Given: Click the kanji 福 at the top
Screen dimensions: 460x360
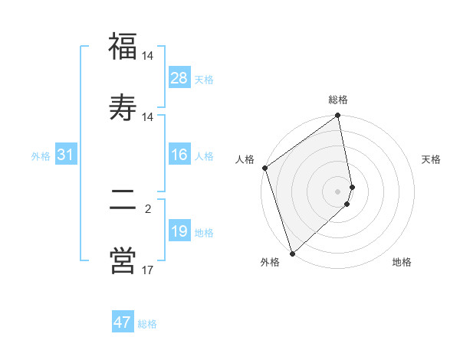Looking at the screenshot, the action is click(x=122, y=47).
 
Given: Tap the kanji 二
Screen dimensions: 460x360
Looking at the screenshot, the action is click(x=122, y=201).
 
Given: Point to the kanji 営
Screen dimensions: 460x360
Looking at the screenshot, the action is click(x=122, y=260).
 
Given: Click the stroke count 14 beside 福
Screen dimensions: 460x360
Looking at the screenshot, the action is click(x=148, y=56).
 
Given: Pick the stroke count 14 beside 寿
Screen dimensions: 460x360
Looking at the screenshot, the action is click(x=148, y=116).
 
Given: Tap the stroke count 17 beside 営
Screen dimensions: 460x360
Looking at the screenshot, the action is click(x=148, y=270).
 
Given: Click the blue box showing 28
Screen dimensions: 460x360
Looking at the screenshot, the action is click(x=179, y=78).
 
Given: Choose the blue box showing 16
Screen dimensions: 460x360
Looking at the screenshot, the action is click(x=179, y=155).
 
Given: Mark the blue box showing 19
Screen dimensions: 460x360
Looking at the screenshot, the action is click(x=179, y=231).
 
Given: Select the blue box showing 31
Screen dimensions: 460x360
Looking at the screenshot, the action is click(x=66, y=155).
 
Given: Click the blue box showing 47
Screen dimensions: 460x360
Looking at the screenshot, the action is click(x=123, y=322).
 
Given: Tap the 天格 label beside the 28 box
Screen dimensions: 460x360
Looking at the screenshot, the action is click(x=204, y=79).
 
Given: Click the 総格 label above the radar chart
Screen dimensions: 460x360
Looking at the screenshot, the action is click(x=338, y=100).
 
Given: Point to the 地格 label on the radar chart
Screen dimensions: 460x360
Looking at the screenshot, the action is click(x=402, y=262).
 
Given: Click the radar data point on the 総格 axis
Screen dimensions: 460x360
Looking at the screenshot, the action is click(x=338, y=116).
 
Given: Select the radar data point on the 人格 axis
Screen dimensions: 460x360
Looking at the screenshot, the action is click(x=264, y=168).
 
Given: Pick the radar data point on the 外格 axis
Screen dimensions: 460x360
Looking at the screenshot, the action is click(x=292, y=253).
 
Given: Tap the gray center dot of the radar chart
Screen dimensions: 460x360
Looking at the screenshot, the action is click(x=338, y=191).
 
